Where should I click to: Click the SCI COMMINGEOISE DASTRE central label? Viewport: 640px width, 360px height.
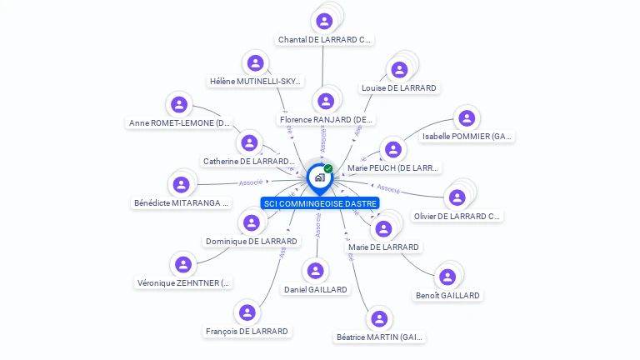(x=320, y=203)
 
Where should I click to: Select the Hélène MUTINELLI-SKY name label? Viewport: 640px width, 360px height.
(x=255, y=82)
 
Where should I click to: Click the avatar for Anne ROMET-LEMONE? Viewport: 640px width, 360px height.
(x=178, y=105)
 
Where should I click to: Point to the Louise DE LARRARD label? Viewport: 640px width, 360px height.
(x=398, y=88)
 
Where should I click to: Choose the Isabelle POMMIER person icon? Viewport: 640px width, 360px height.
(x=466, y=118)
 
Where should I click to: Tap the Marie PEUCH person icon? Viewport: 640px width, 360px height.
(x=392, y=150)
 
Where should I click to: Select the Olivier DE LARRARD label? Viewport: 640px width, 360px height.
(x=458, y=217)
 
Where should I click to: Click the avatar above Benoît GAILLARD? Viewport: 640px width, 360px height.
(x=447, y=277)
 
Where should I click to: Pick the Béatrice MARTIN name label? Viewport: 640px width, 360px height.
(x=379, y=337)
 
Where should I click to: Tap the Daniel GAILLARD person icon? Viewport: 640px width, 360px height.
(x=315, y=271)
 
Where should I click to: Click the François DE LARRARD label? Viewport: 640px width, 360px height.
(x=247, y=332)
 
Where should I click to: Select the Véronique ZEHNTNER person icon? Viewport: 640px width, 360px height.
(x=183, y=264)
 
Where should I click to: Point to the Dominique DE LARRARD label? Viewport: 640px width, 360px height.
(x=251, y=242)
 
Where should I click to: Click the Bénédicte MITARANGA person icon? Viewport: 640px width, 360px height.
(x=181, y=184)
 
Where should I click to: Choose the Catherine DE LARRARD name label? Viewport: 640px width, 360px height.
(x=249, y=162)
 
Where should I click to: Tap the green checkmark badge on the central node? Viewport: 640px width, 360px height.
(x=328, y=169)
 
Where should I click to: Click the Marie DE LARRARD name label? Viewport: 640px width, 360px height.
(x=383, y=247)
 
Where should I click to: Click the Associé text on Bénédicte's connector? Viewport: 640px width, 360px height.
(x=251, y=182)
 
